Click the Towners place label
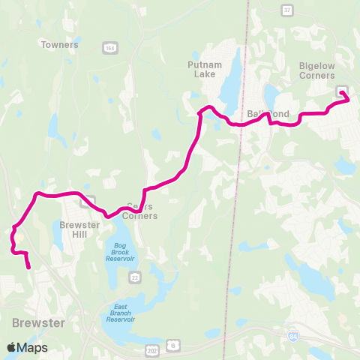(x=61, y=45)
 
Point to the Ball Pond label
(x=268, y=114)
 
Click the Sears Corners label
(x=142, y=211)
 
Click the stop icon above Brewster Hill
(x=88, y=200)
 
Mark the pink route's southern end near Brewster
(x=28, y=267)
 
